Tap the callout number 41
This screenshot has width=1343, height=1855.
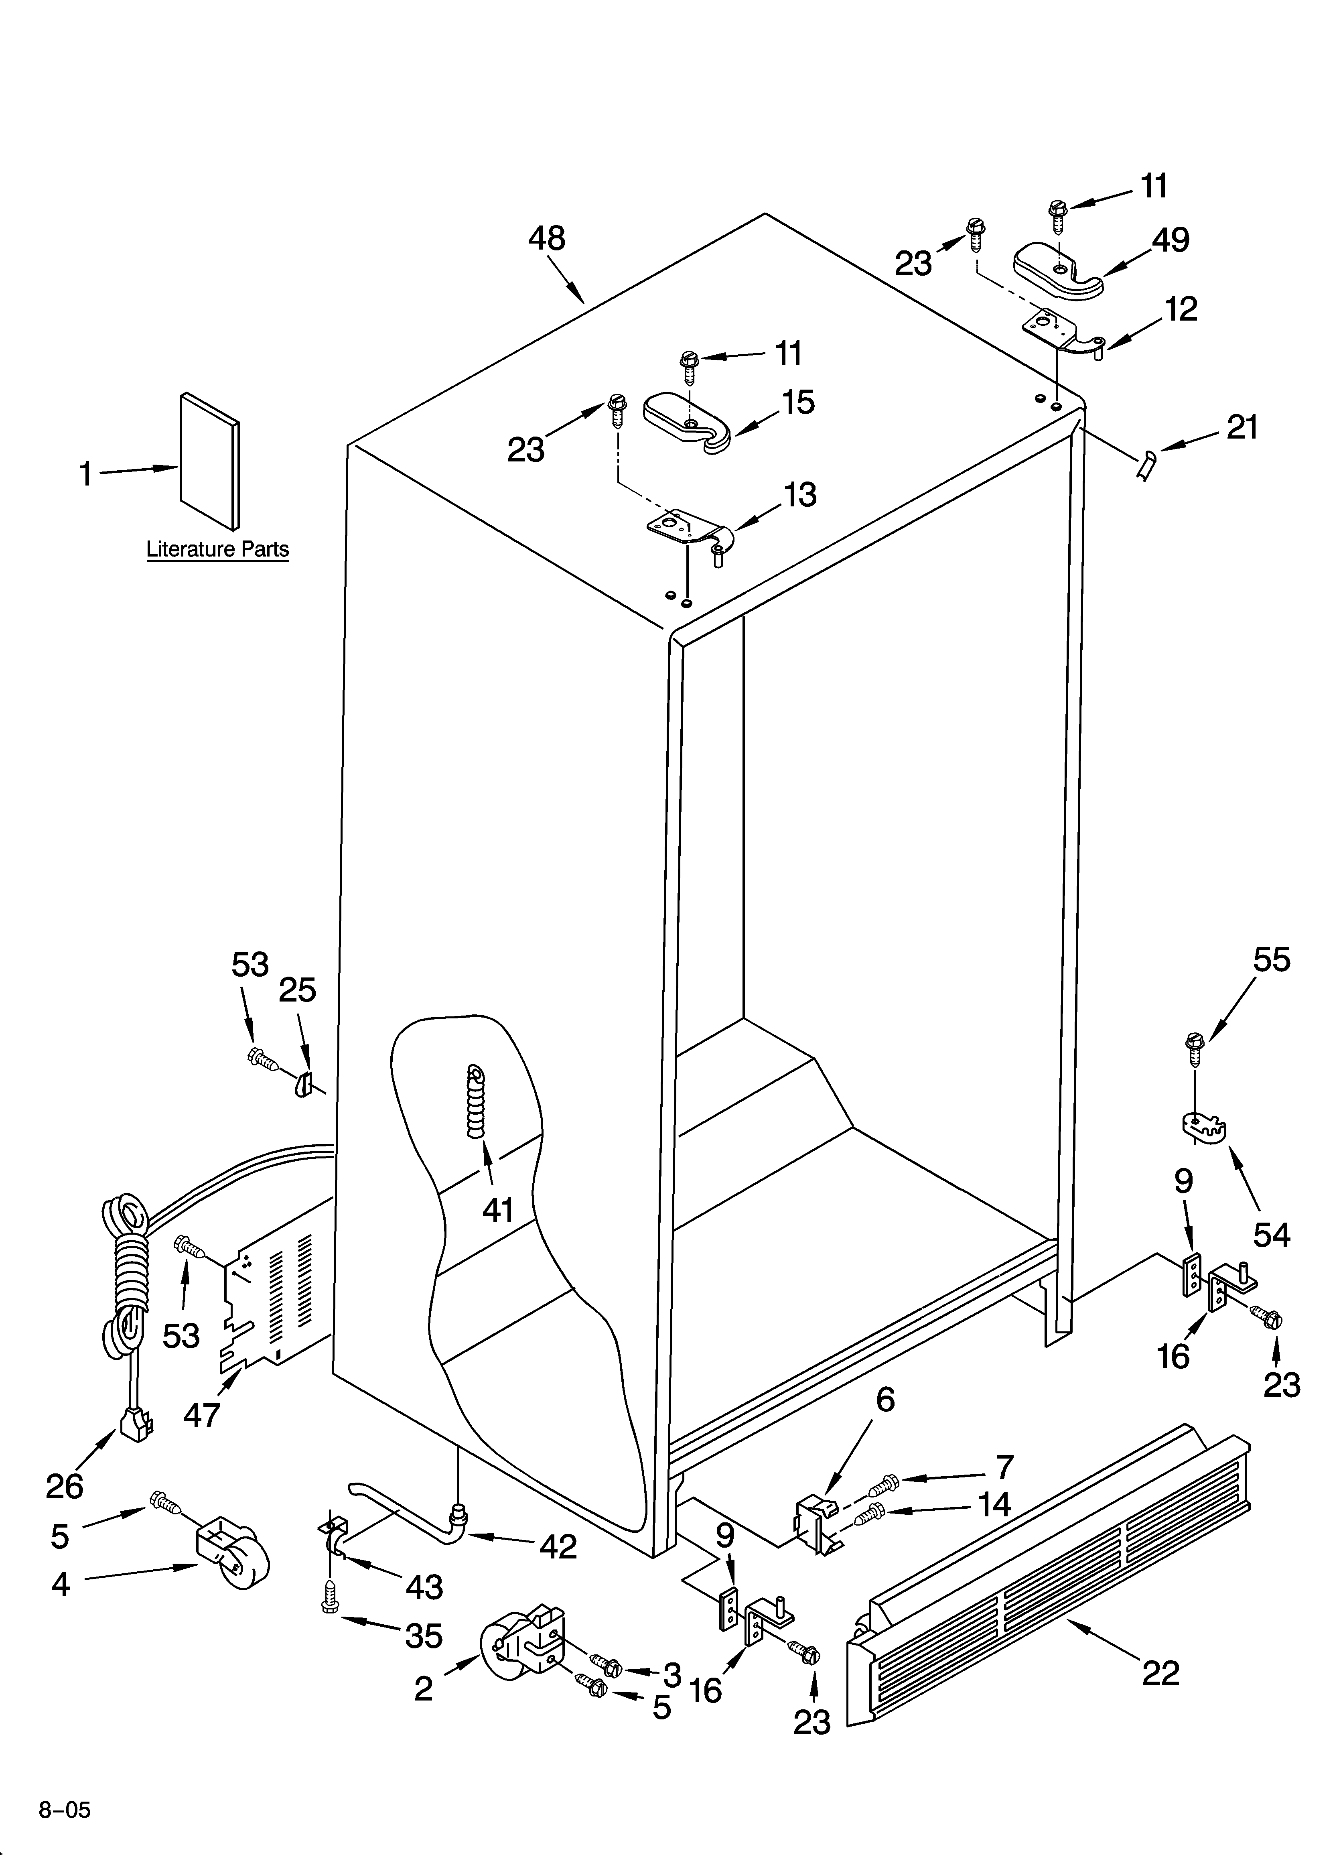point(498,1209)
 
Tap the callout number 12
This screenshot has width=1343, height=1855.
point(1180,309)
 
